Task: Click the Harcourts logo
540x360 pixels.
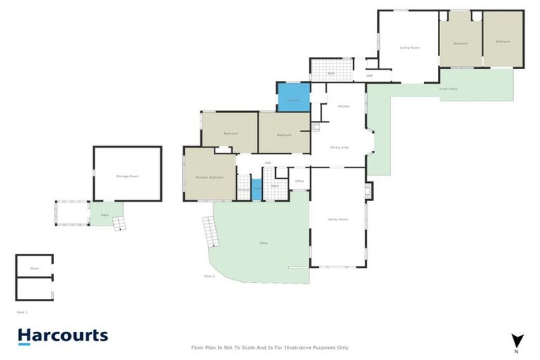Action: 63,336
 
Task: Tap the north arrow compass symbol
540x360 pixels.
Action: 518,340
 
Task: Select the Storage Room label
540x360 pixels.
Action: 127,176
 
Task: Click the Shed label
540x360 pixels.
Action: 34,269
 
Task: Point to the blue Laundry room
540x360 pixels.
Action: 293,98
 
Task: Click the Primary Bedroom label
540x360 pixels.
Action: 210,177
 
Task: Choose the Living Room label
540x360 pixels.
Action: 409,48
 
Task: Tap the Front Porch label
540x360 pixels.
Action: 449,89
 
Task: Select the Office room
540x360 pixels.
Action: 299,180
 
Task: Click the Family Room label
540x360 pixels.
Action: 338,220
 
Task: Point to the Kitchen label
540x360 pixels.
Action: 344,106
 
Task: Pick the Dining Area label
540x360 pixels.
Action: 340,148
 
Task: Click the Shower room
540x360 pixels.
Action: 243,188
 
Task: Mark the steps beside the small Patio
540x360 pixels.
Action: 120,223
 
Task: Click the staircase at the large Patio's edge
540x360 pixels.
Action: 209,231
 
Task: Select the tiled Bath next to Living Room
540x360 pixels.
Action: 330,71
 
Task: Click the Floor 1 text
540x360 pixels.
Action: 22,311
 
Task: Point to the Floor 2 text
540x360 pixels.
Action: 209,276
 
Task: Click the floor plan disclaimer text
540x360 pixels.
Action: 270,347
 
